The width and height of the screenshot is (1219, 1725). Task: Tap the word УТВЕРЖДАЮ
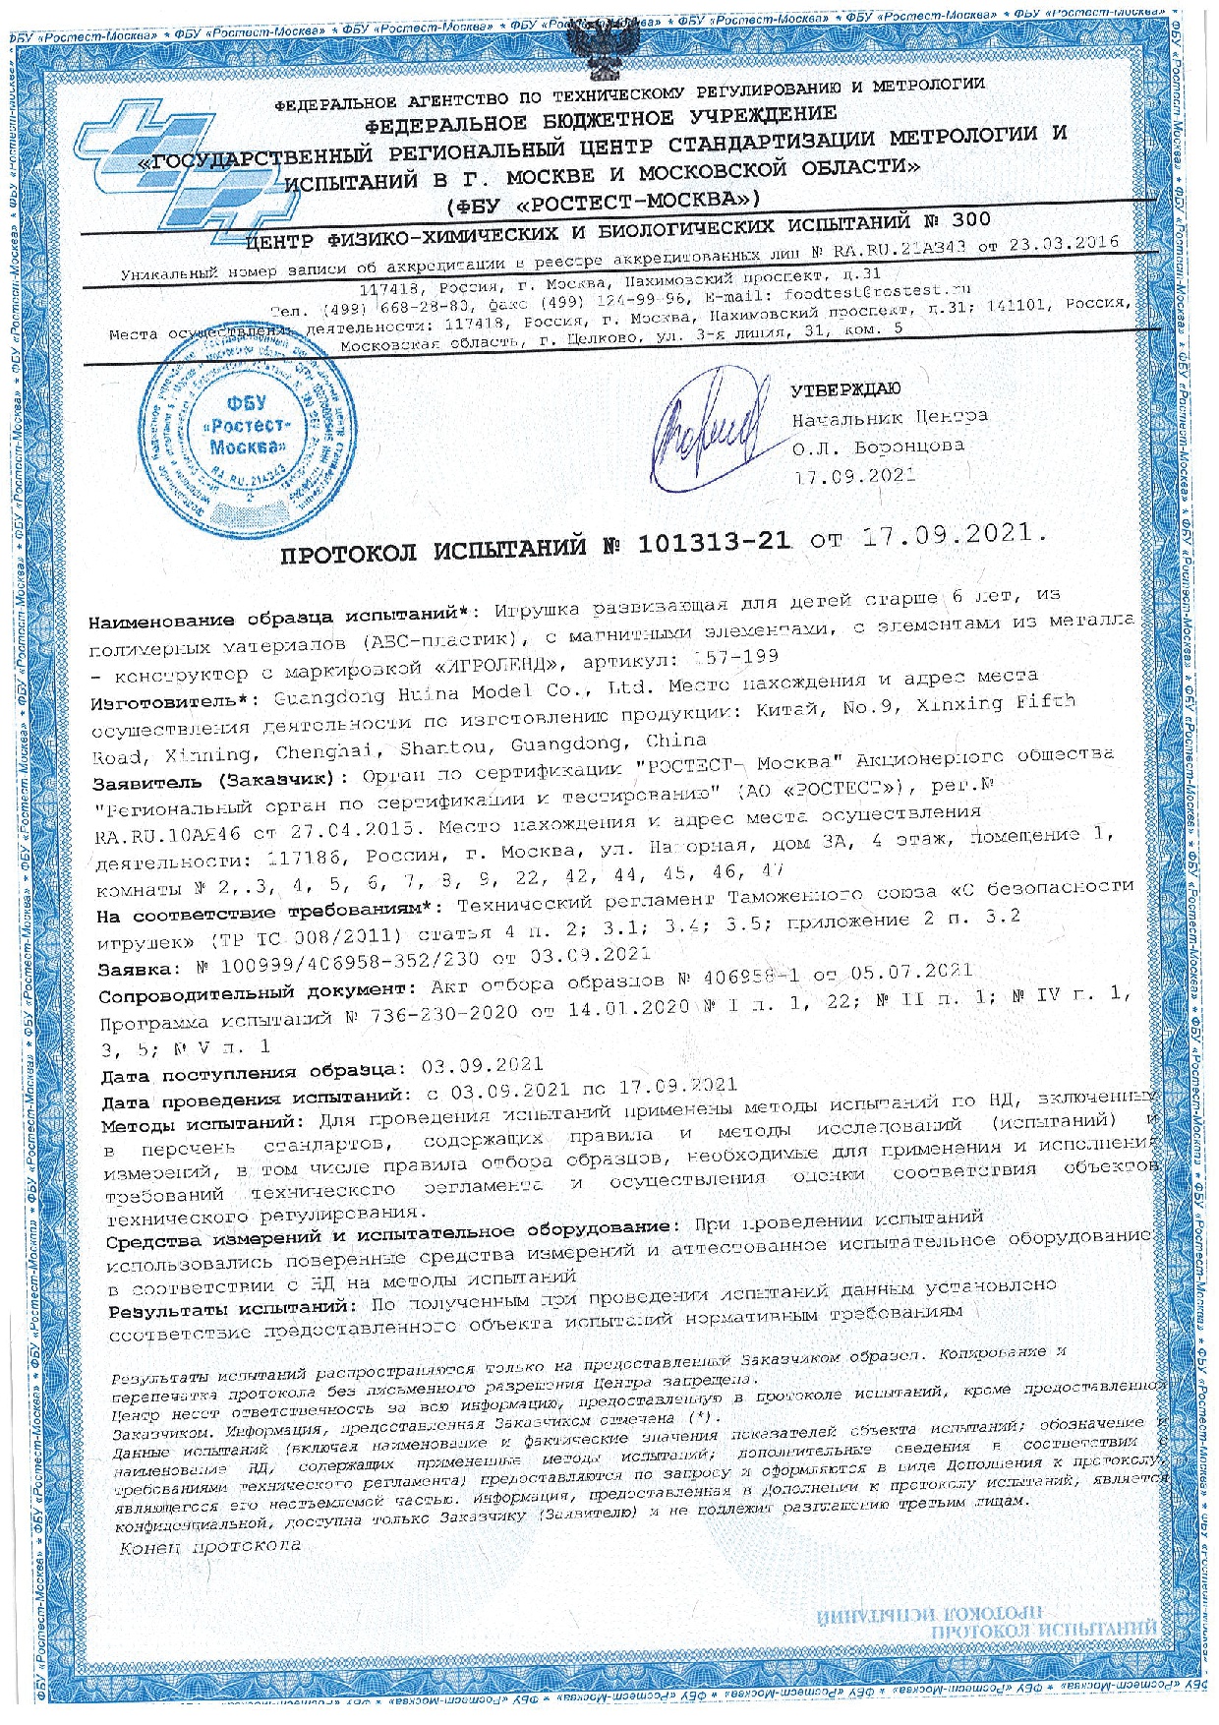pos(844,388)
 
